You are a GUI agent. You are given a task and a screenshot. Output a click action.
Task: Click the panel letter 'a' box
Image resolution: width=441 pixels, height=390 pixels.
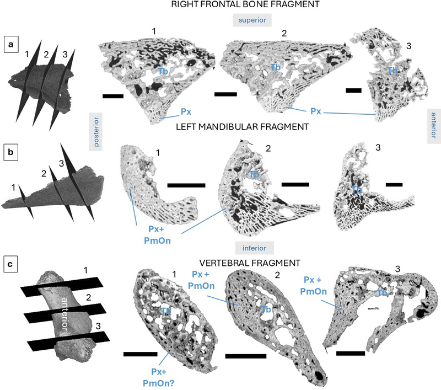(11, 44)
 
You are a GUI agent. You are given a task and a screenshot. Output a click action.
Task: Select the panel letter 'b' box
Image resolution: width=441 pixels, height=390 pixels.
(10, 152)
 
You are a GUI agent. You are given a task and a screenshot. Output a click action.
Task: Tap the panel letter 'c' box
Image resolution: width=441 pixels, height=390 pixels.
(10, 264)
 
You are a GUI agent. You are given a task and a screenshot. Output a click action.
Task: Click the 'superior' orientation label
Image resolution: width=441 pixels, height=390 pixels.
(252, 20)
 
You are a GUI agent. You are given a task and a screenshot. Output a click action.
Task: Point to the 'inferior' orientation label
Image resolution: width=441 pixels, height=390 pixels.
(254, 248)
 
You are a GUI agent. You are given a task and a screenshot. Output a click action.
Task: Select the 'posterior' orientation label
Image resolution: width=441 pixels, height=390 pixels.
(96, 132)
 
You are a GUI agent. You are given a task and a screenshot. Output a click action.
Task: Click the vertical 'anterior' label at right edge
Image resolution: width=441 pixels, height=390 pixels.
(434, 125)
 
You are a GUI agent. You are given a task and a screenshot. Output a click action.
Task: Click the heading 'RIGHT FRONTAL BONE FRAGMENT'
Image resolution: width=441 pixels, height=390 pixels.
(245, 4)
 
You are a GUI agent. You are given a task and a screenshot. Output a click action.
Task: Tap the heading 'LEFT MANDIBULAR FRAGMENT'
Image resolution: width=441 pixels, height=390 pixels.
(243, 127)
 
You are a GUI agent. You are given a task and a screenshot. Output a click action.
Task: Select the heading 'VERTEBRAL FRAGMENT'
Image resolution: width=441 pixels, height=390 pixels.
(250, 263)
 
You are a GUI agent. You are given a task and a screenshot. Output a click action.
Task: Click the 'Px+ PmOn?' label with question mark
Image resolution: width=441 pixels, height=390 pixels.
(159, 377)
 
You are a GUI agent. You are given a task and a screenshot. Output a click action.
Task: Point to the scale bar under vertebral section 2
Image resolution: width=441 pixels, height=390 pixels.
(246, 356)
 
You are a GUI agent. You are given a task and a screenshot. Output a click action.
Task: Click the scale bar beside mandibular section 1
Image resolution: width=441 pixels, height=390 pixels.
(186, 185)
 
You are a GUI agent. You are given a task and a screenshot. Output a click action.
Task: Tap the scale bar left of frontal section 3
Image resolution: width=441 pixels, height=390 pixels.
(353, 90)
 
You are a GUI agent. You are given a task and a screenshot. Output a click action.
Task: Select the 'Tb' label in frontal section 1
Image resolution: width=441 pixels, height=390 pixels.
(163, 72)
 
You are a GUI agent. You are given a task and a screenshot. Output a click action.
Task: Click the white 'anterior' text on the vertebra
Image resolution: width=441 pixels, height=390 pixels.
(64, 314)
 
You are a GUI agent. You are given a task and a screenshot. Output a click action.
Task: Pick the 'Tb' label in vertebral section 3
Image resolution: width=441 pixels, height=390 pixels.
(382, 293)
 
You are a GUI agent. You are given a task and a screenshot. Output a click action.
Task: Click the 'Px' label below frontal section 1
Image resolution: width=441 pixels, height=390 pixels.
(186, 112)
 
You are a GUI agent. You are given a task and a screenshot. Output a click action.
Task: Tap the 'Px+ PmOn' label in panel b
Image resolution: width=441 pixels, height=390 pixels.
(157, 234)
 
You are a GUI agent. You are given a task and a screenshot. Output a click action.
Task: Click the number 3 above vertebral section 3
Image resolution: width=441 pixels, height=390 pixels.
(397, 269)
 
